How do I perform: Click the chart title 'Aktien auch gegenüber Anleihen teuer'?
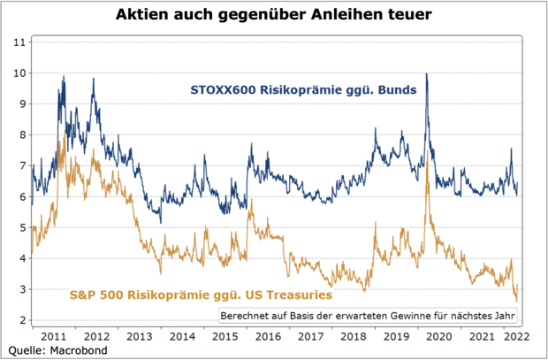(274, 15)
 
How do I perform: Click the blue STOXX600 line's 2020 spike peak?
(427, 74)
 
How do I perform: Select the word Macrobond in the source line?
(79, 350)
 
